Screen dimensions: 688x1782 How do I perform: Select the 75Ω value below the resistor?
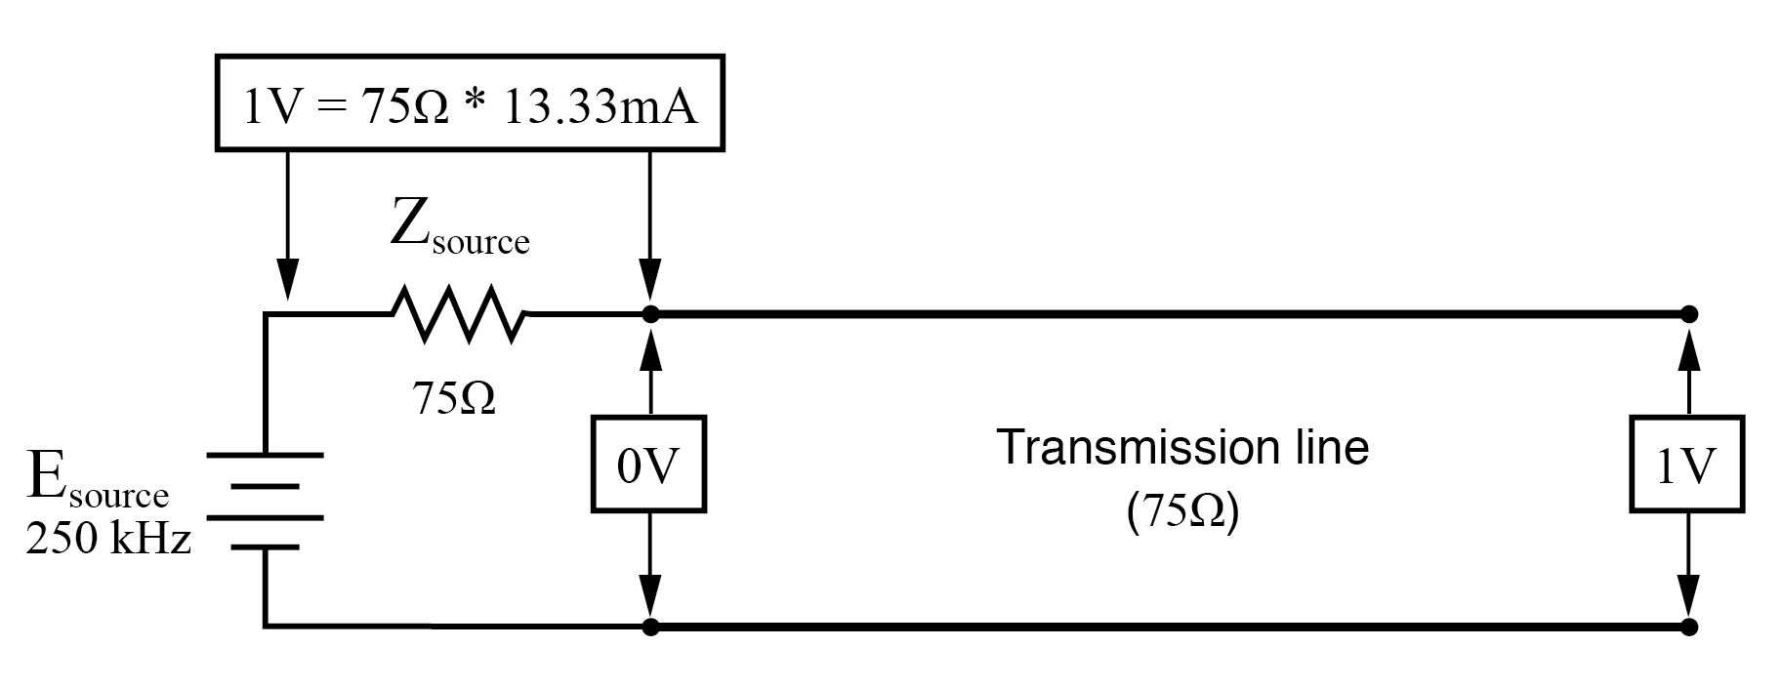(453, 397)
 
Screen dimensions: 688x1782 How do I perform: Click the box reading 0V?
(648, 465)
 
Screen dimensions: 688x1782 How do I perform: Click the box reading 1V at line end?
(1686, 465)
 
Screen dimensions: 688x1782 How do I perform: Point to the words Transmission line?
(1182, 448)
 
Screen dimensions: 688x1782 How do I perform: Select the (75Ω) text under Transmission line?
(1182, 513)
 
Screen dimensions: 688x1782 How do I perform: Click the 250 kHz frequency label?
(108, 539)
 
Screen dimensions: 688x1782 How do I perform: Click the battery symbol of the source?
(265, 501)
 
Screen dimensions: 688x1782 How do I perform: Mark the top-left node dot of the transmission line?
(650, 314)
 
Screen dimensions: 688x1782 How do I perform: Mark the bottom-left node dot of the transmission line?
(650, 626)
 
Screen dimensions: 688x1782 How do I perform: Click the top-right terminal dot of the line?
(1690, 314)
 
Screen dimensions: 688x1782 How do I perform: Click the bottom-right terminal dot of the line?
(1690, 626)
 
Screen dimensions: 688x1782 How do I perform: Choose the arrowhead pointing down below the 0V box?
(650, 595)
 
